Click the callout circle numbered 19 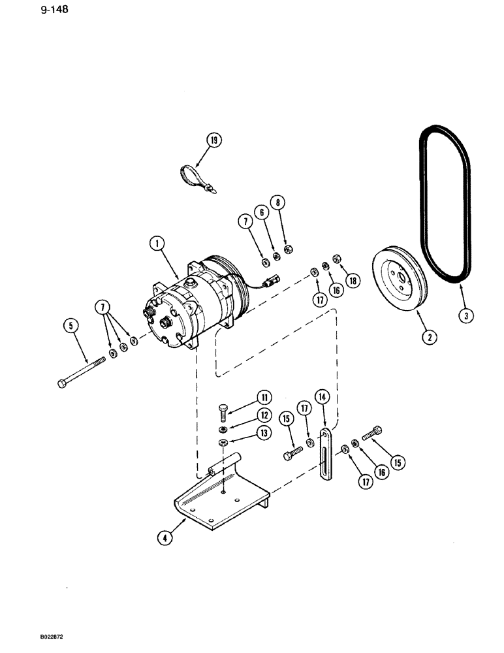pyautogui.click(x=214, y=139)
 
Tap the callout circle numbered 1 pyautogui.click(x=157, y=245)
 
